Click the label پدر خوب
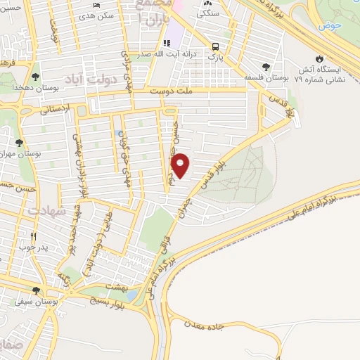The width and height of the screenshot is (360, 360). pos(32,247)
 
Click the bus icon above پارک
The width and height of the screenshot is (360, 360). pos(214,46)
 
